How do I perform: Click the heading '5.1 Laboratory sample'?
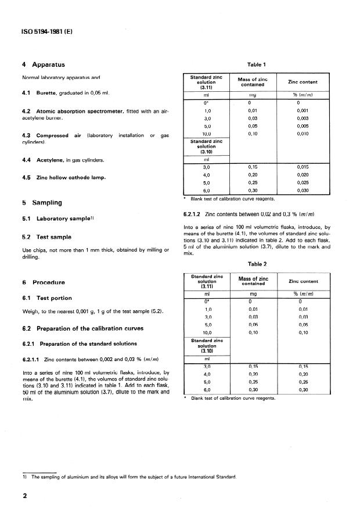pos(54,219)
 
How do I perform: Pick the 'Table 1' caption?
pos(256,65)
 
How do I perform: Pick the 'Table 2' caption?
pos(256,263)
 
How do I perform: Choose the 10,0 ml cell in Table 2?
pos(207,332)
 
